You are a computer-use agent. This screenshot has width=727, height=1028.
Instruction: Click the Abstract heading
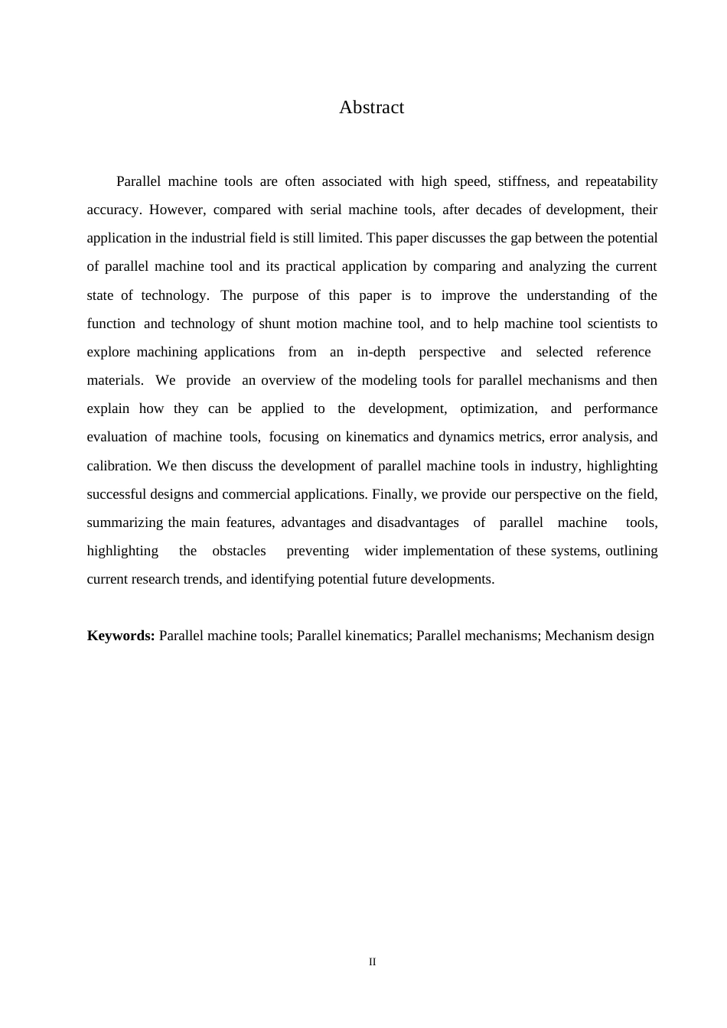pos(371,108)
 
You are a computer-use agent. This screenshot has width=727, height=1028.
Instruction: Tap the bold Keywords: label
pos(121,636)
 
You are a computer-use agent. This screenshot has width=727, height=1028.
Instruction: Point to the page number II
pos(373,962)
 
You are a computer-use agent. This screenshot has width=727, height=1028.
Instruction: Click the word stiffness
pos(523,181)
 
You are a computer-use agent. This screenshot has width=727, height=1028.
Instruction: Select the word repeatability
pos(621,181)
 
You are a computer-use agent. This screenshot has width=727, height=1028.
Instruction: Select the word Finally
pos(393,494)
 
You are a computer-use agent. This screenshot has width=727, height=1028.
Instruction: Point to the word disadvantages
pos(418,522)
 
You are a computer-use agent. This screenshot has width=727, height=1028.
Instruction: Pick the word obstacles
pos(239,551)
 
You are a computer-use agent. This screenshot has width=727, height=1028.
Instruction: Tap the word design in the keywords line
pos(635,636)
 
